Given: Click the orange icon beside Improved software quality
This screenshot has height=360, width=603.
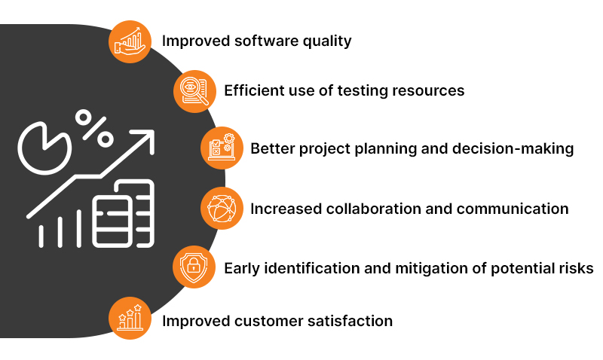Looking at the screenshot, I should coord(130,41).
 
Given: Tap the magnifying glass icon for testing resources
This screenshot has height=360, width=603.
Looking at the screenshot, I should coord(194,91).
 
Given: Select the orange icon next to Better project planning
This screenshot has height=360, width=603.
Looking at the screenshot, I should coord(222,148).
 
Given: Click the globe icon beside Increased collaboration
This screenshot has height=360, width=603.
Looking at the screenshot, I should coord(222,209).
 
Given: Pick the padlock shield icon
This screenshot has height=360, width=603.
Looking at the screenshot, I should coord(194,267).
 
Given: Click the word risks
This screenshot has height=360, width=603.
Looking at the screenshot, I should coord(574,267).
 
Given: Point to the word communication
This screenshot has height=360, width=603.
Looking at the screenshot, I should coord(507,209).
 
